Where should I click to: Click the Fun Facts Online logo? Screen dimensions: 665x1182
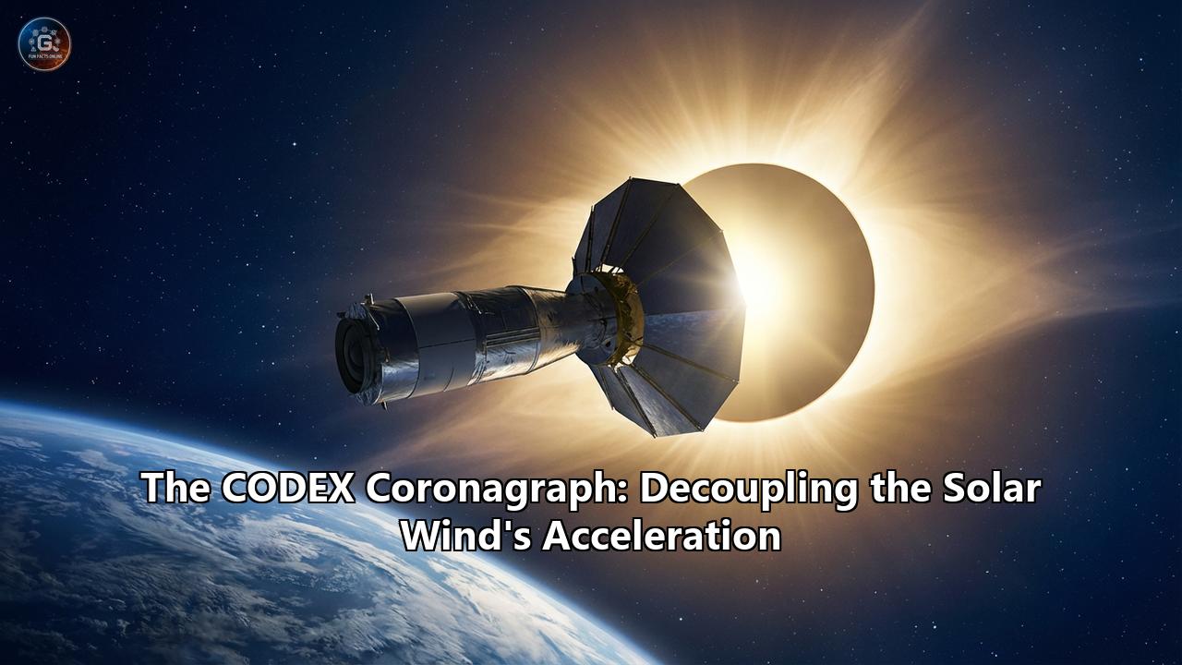[44, 43]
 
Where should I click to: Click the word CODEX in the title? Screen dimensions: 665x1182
[288, 489]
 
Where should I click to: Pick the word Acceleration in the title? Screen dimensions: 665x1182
[661, 536]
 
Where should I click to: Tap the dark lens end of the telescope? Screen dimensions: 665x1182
[351, 351]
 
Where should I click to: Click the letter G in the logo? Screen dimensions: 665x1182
[44, 41]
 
